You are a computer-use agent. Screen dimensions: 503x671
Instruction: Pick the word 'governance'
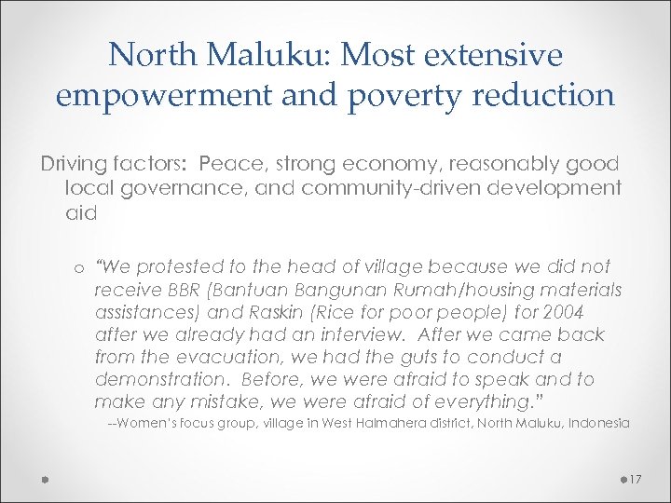[x=175, y=188]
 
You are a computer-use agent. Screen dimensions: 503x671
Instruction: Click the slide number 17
[x=636, y=479]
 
